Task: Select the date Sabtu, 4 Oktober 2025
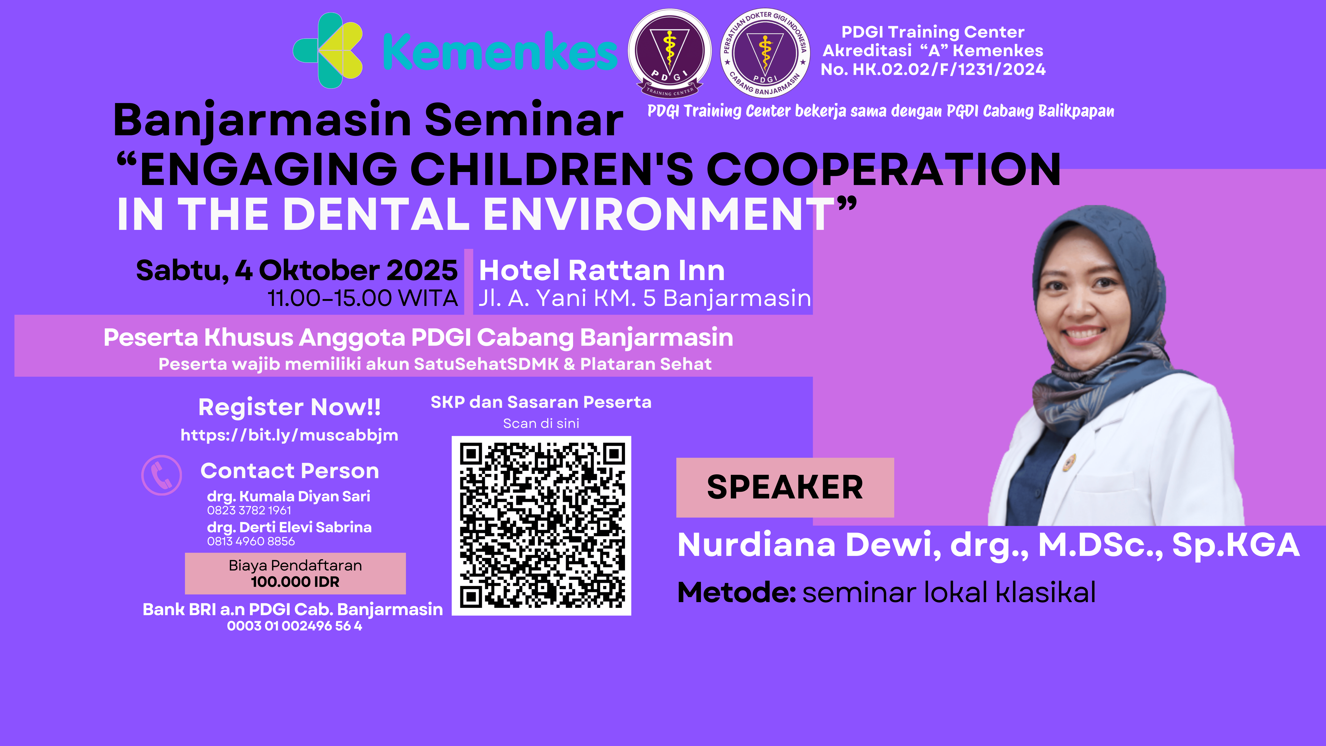pos(297,270)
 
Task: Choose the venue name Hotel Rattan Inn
pos(602,270)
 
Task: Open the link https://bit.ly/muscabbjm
pos(289,435)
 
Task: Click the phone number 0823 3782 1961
pos(249,510)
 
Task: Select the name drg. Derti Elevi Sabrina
pos(289,527)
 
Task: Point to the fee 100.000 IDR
pos(295,582)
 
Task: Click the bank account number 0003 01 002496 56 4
pos(294,626)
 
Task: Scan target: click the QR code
pos(541,526)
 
